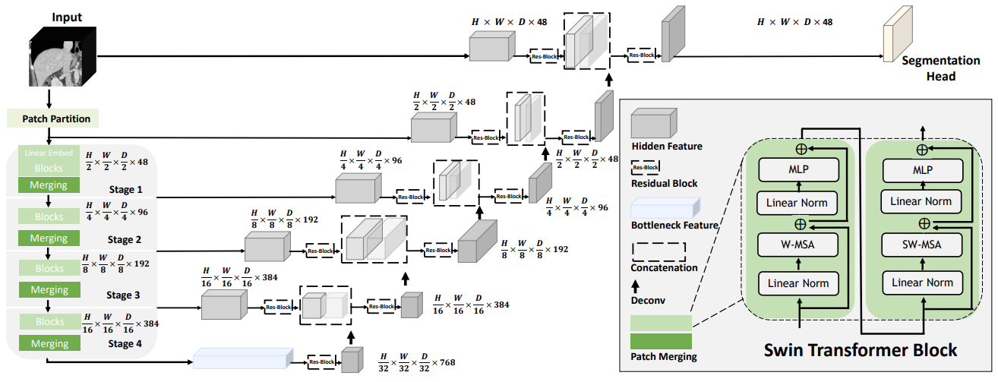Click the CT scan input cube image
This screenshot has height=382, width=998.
pos(62,58)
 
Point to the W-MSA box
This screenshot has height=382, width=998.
pos(797,244)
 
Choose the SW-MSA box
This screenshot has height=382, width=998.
pos(921,244)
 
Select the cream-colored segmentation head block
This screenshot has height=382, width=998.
pos(895,33)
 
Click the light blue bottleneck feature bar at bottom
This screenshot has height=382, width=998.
pos(243,357)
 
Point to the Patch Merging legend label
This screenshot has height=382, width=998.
pos(663,356)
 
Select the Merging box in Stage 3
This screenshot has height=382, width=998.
pos(49,290)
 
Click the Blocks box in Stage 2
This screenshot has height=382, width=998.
pos(49,216)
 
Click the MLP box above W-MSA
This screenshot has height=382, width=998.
pos(797,170)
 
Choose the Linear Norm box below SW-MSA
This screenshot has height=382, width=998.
pos(921,283)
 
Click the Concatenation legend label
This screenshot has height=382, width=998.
pos(665,267)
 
